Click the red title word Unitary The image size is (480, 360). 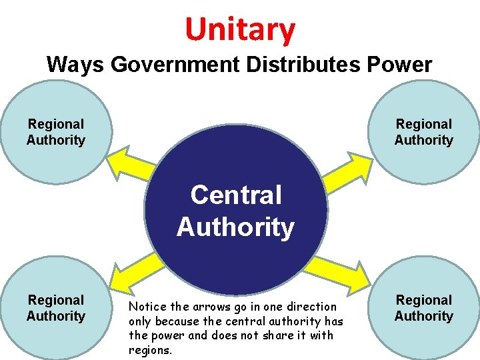click(x=240, y=29)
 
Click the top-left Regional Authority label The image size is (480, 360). click(x=56, y=132)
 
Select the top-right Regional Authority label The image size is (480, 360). click(x=423, y=132)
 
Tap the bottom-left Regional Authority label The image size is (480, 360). click(x=56, y=308)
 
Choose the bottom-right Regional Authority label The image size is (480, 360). click(x=423, y=308)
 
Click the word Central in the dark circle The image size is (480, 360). click(x=236, y=196)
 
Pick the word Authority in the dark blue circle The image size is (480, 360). click(x=236, y=227)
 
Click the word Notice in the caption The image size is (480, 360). click(x=145, y=307)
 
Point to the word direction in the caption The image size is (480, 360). click(x=314, y=307)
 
